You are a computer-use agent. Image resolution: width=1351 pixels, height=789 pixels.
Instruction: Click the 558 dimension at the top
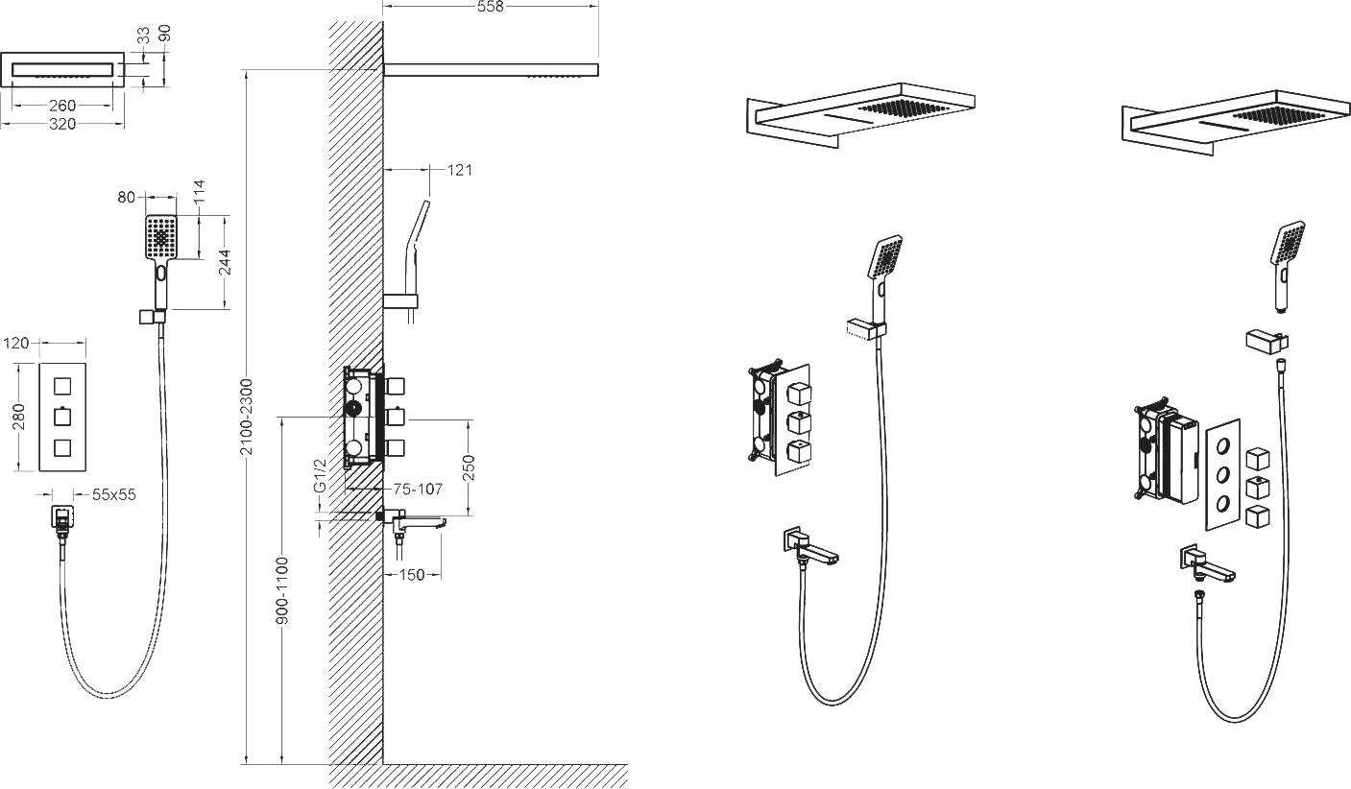point(490,6)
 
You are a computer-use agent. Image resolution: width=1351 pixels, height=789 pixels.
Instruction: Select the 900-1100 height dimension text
point(282,590)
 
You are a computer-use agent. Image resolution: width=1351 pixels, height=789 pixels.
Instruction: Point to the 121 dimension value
point(460,170)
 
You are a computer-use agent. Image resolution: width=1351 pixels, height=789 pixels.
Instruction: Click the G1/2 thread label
point(320,475)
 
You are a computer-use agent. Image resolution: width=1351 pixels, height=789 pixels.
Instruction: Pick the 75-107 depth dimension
point(418,489)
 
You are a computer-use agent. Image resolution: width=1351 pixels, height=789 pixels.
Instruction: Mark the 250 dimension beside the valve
point(469,467)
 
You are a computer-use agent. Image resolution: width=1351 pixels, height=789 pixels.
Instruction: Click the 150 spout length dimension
point(412,574)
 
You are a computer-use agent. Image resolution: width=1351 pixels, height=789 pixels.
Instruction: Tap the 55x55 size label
point(114,495)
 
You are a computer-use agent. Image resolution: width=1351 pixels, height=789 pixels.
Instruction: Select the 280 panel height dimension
point(18,417)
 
